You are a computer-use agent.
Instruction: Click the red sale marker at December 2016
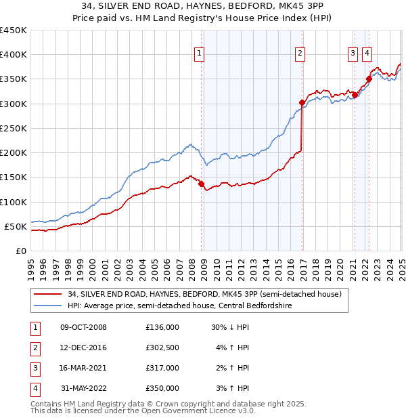[302, 102]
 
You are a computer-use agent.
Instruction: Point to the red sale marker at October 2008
[201, 184]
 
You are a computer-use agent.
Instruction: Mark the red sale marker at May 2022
[369, 79]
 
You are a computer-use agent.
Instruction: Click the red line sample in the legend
[48, 294]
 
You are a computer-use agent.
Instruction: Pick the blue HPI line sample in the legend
[48, 306]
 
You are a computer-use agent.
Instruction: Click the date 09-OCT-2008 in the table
[84, 327]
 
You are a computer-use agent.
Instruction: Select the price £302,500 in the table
[162, 348]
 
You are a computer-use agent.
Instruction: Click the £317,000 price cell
[162, 368]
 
